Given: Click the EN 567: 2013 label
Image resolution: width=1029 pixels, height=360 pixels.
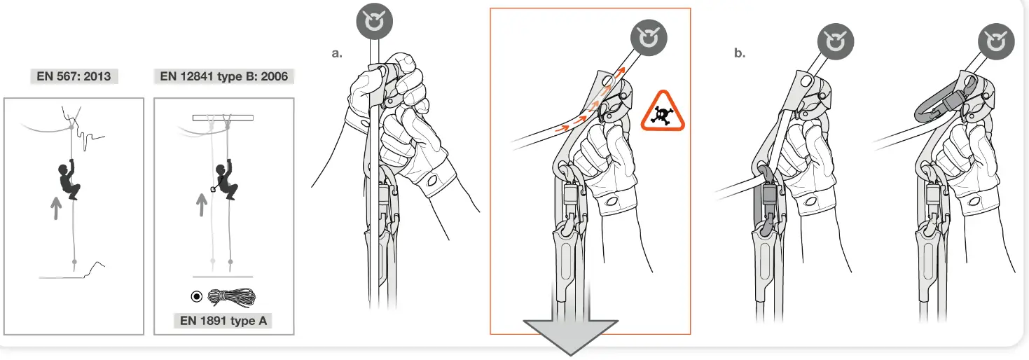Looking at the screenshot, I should (74, 76).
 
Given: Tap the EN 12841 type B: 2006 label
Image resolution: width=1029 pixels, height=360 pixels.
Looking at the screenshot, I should (223, 76).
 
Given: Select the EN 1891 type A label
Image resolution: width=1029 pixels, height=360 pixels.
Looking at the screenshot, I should (223, 321).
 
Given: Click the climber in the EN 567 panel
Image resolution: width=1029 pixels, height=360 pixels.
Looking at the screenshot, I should (69, 181).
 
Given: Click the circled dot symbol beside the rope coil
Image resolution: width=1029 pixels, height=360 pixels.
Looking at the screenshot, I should (197, 296).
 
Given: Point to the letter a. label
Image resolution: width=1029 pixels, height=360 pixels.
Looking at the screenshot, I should (337, 53).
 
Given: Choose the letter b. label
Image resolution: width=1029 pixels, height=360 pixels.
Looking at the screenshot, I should (740, 53).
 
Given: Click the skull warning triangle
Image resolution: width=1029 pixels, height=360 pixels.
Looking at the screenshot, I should (663, 111).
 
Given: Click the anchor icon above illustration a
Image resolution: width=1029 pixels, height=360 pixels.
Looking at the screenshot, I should (378, 22).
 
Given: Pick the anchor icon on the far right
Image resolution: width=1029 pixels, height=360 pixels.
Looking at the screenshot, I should (995, 43).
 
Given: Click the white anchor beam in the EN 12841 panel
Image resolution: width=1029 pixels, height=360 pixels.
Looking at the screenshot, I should (223, 118).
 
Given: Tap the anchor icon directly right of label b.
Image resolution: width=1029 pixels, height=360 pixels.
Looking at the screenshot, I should (835, 43).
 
